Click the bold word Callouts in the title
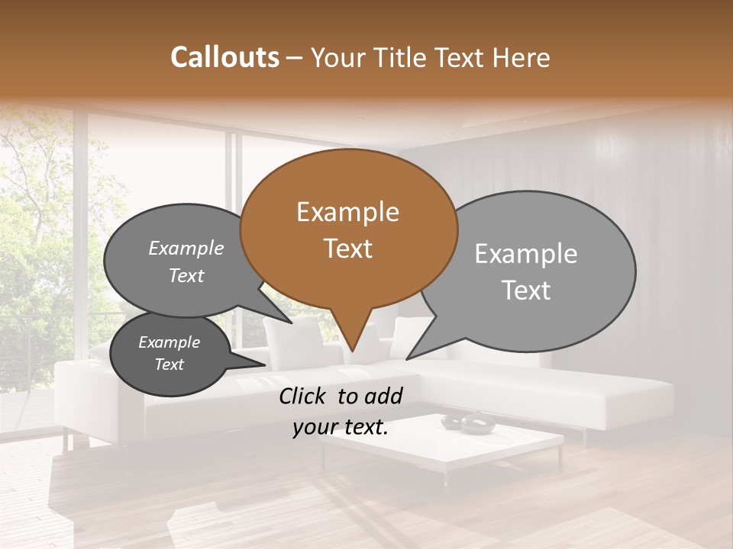coord(224,57)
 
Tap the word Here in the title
coord(521,57)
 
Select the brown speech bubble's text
coord(347,230)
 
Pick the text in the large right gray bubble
coord(526,271)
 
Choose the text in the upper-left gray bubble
coord(186,262)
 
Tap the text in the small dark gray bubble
coord(169,353)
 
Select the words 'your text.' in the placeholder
coord(341,428)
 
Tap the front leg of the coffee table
coord(446,476)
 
